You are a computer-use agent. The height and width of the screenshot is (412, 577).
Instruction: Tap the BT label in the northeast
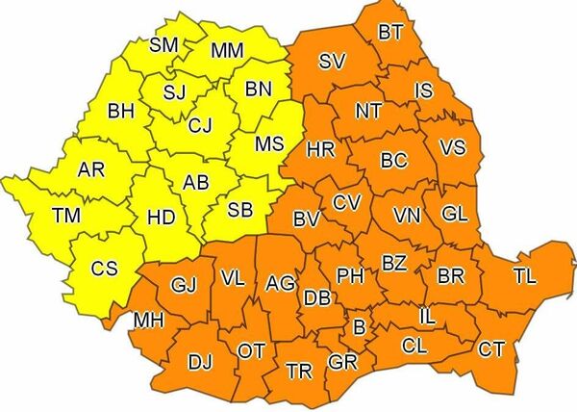(x=390, y=33)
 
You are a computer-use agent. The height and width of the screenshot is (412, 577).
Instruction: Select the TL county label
(x=525, y=277)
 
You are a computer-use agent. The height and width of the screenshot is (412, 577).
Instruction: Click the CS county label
(x=104, y=270)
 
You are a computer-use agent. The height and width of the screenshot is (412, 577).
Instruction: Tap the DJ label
(x=200, y=362)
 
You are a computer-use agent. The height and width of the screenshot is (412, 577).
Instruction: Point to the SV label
(x=332, y=63)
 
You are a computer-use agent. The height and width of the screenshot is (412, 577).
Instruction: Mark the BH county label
(x=121, y=112)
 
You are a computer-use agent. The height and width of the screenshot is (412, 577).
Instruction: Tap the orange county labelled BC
(x=395, y=161)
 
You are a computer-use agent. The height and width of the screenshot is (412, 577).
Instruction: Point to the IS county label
(x=424, y=90)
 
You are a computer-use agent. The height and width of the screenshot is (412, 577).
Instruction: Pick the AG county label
(x=280, y=284)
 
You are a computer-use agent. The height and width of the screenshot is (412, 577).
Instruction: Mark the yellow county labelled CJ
(x=200, y=124)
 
